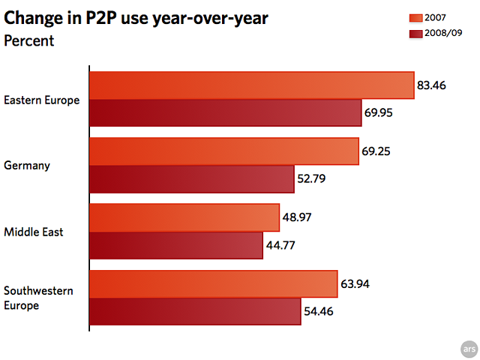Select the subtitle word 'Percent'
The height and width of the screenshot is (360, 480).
[28, 40]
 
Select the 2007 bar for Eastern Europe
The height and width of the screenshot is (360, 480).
[251, 85]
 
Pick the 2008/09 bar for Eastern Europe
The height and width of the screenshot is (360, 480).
[225, 112]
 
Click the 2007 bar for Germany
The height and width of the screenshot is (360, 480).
[223, 151]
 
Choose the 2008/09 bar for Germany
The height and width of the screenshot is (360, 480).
[191, 178]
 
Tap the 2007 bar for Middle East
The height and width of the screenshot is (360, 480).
[184, 217]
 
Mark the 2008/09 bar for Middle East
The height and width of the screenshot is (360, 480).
[175, 244]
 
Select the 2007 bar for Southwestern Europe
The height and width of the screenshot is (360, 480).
[213, 284]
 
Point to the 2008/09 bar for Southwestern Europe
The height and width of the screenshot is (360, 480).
[195, 311]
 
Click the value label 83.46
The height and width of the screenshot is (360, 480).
[432, 85]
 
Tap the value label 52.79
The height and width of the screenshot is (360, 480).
[311, 178]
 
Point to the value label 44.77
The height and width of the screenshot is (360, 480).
[282, 244]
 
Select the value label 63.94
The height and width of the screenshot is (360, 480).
[355, 284]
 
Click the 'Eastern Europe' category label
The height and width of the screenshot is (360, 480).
[41, 100]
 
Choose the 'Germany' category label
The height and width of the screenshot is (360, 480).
[27, 165]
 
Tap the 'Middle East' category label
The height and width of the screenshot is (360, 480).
[33, 232]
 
